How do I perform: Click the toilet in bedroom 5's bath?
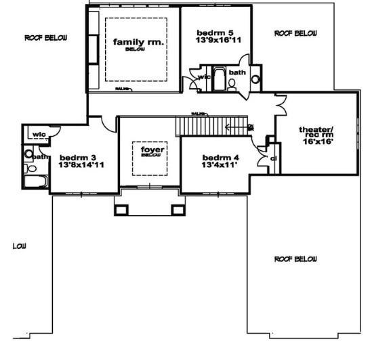(x=232, y=84)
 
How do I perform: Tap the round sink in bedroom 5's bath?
(x=255, y=79)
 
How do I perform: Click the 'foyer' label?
(x=149, y=148)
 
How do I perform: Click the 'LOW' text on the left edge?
(x=19, y=246)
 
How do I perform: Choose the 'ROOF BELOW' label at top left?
(x=45, y=38)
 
